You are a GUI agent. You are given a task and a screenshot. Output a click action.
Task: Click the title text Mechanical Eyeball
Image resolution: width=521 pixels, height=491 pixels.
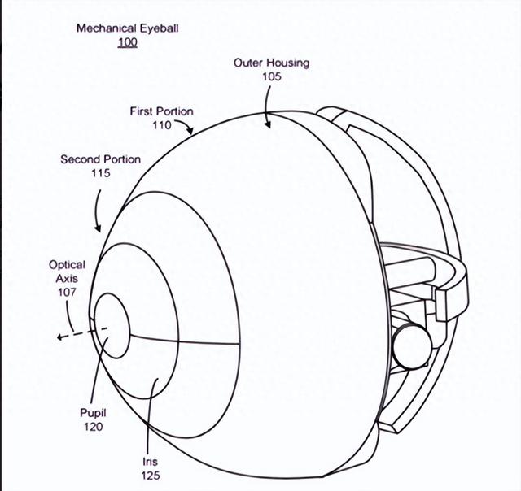(x=127, y=28)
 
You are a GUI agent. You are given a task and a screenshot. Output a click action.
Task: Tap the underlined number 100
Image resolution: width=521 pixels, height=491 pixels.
(x=127, y=42)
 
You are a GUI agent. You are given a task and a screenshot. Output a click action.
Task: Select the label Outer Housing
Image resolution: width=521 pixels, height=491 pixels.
(x=271, y=63)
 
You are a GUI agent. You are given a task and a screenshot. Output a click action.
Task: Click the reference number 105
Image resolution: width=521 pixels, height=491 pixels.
(x=271, y=76)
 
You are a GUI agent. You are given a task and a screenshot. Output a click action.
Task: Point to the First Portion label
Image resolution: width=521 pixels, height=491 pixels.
(x=161, y=111)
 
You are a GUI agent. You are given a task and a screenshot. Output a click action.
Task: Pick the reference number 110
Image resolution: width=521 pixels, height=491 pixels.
(x=161, y=125)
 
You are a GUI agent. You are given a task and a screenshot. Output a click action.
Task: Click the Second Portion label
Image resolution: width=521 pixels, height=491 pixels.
(x=100, y=159)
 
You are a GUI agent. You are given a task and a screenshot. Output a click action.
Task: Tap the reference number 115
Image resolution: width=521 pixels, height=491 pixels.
(x=100, y=173)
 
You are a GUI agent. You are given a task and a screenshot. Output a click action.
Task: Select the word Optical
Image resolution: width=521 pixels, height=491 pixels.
(x=67, y=265)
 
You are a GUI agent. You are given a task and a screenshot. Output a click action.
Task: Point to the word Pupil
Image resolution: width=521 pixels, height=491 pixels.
(x=93, y=413)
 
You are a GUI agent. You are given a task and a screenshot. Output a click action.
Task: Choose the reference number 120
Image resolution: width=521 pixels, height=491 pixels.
(x=93, y=426)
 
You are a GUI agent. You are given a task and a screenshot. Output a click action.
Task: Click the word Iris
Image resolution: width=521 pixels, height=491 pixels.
(x=148, y=462)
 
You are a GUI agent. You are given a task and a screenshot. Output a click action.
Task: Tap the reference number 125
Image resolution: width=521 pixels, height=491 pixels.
(x=148, y=476)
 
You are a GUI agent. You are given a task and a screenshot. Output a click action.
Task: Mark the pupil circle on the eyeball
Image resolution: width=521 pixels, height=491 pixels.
(x=112, y=326)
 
